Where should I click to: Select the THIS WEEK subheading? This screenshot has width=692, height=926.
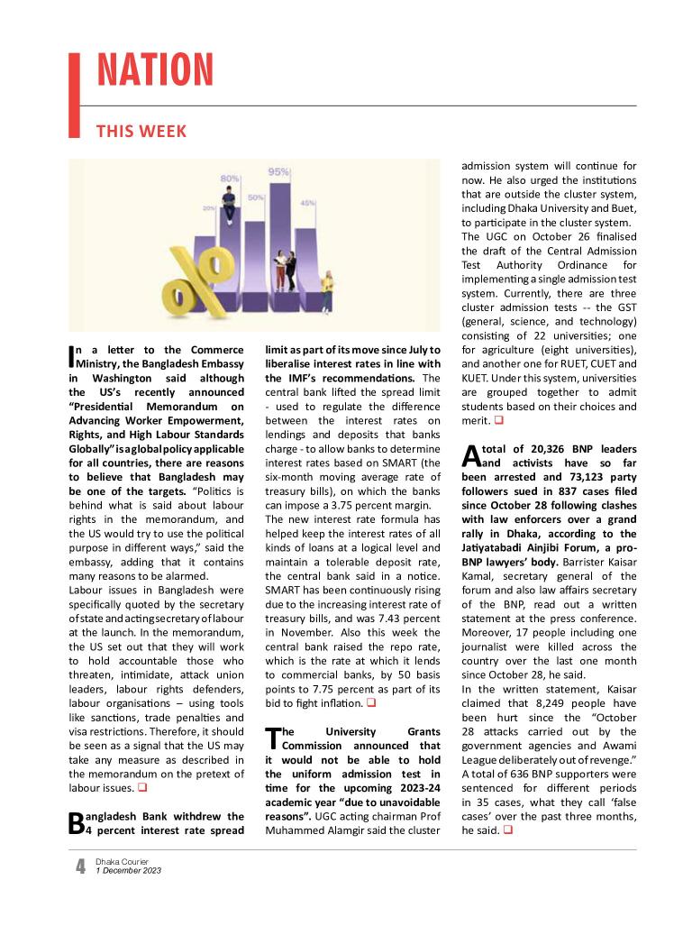coord(141,132)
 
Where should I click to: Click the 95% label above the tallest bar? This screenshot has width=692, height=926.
coord(278,172)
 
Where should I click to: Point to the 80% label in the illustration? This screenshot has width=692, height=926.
coord(229,179)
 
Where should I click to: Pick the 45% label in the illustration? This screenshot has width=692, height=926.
coord(307,203)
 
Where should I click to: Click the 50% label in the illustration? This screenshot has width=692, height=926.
coord(256,197)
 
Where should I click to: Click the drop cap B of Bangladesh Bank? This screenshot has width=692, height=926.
coord(76,822)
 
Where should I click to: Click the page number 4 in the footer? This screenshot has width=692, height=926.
coord(80,866)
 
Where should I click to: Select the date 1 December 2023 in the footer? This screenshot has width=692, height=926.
coord(128,871)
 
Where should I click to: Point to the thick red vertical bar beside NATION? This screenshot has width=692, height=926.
coord(74,95)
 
